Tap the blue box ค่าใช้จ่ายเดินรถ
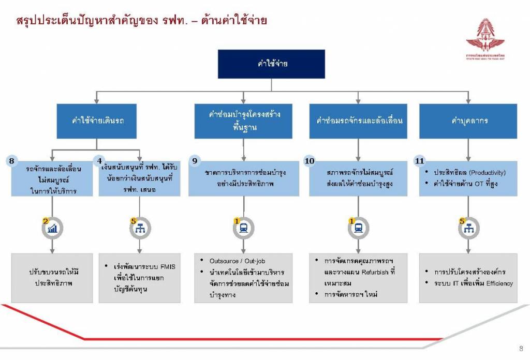point(97,121)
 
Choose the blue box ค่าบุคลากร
point(467,121)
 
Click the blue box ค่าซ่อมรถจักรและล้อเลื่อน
point(358,121)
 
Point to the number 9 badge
point(195,161)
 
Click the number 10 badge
point(310,161)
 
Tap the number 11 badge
point(420,161)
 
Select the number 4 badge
point(100,161)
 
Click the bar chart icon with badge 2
point(52,229)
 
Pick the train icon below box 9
point(244,229)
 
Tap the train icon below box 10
point(358,229)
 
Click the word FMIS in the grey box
point(167,267)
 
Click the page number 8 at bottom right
point(520,348)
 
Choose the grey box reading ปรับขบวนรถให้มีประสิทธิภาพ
point(52,277)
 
